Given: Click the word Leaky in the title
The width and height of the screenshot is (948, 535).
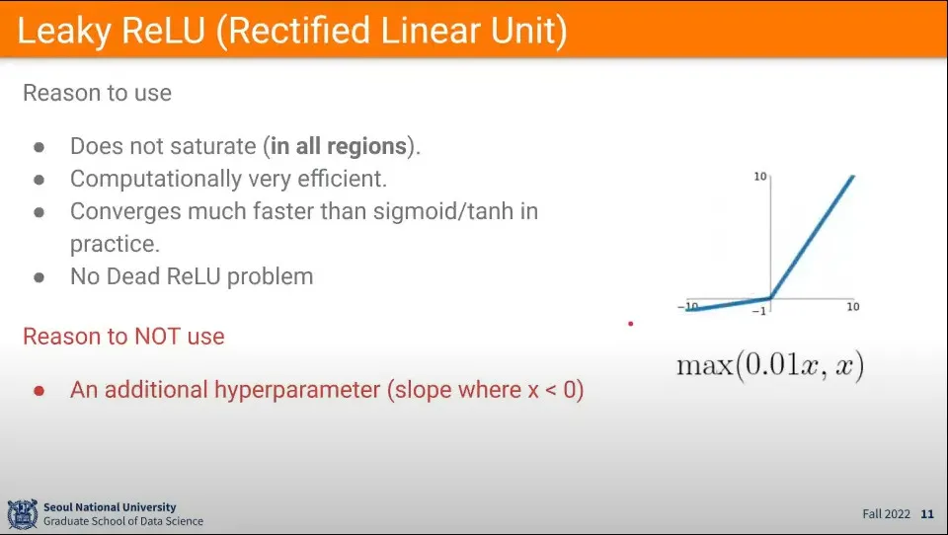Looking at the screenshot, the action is pyautogui.click(x=63, y=32).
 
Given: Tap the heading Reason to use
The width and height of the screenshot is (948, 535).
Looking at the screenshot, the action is pyautogui.click(x=98, y=93).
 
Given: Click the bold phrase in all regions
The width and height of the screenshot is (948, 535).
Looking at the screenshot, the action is pyautogui.click(x=338, y=146).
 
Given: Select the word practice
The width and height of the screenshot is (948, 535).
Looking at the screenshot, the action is pyautogui.click(x=115, y=244).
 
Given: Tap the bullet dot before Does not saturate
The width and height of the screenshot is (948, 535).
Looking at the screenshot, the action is pyautogui.click(x=39, y=147).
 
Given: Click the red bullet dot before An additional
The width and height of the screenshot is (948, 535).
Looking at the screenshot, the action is pyautogui.click(x=39, y=391).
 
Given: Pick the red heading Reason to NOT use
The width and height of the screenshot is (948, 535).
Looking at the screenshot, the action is pyautogui.click(x=123, y=337).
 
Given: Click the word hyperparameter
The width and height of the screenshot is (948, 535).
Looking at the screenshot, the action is pyautogui.click(x=297, y=390).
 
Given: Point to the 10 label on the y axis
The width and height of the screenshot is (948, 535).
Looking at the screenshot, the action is pyautogui.click(x=760, y=177).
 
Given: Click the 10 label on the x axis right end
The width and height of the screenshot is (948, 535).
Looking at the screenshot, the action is pyautogui.click(x=853, y=307).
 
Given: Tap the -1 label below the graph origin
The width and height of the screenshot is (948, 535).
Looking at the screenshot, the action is pyautogui.click(x=759, y=311).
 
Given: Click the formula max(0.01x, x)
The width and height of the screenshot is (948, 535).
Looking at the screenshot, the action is pyautogui.click(x=770, y=365).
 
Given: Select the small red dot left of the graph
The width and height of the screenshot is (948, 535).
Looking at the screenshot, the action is pyautogui.click(x=631, y=324).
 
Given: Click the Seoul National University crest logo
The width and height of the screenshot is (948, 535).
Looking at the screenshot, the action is pyautogui.click(x=23, y=514).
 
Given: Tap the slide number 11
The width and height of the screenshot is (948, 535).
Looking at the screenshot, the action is pyautogui.click(x=927, y=514).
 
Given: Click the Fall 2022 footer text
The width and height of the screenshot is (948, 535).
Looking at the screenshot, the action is pyautogui.click(x=887, y=514).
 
